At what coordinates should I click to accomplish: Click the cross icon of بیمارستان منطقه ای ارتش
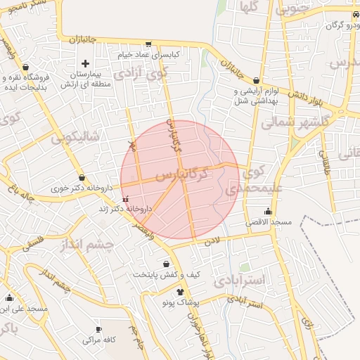tap(86, 63)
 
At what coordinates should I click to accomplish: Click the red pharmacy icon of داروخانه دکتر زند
tap(125, 199)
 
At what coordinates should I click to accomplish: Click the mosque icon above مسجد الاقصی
tap(268, 212)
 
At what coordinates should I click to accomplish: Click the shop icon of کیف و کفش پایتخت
tap(166, 264)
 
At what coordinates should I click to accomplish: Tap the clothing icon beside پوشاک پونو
tap(180, 292)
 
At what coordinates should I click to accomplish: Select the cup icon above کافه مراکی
tap(98, 329)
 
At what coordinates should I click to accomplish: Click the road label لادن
tap(212, 240)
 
